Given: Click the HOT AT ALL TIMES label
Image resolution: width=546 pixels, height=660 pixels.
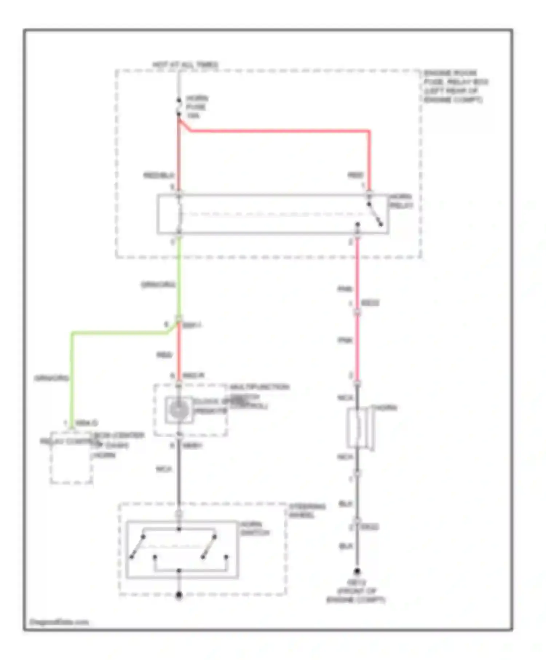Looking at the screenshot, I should pyautogui.click(x=185, y=65).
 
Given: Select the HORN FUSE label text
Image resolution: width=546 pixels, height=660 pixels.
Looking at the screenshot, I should pyautogui.click(x=197, y=107).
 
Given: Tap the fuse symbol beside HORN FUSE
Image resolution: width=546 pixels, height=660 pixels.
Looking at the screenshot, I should pyautogui.click(x=179, y=107).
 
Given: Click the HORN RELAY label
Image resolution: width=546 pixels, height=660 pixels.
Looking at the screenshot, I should pyautogui.click(x=401, y=201).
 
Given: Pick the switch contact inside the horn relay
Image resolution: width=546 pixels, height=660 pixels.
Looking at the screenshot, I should pyautogui.click(x=375, y=214).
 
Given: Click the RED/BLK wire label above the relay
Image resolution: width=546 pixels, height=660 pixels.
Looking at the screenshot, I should pyautogui.click(x=159, y=176).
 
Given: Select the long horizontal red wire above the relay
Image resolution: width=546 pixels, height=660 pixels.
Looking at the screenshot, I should pyautogui.click(x=279, y=130).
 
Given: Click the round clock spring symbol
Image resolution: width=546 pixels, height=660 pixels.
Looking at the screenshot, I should pyautogui.click(x=178, y=410).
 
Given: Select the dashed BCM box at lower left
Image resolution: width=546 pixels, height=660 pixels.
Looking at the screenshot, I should pyautogui.click(x=71, y=458).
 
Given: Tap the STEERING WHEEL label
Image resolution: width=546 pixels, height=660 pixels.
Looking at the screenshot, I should pyautogui.click(x=307, y=510).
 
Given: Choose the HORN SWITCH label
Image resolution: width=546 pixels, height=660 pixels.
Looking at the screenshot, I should pyautogui.click(x=255, y=529).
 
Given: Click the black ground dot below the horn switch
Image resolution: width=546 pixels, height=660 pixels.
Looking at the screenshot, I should pyautogui.click(x=179, y=596).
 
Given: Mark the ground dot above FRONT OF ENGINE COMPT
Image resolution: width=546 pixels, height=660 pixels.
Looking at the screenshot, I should pyautogui.click(x=357, y=572).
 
